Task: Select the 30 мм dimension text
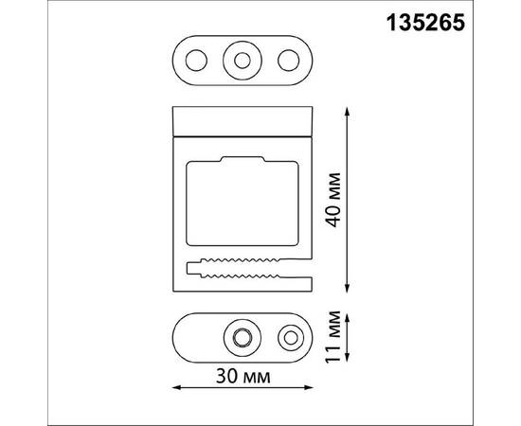tap(242, 378)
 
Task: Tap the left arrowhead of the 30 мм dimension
tap(177, 387)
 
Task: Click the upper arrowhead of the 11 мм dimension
tap(350, 316)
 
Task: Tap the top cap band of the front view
tap(242, 120)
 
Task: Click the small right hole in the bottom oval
tap(289, 337)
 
